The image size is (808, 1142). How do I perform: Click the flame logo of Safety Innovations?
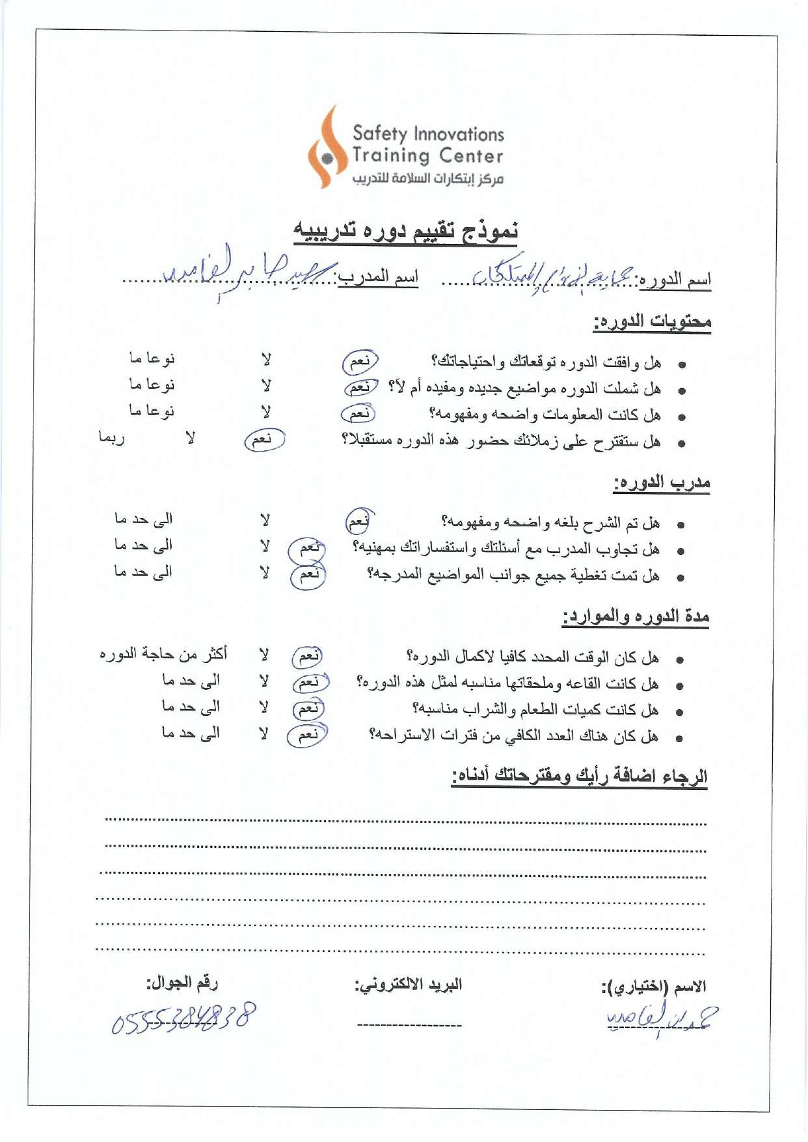pyautogui.click(x=328, y=148)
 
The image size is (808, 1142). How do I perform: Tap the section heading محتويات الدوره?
pyautogui.click(x=652, y=321)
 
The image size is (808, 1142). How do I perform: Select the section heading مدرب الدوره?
pyautogui.click(x=662, y=483)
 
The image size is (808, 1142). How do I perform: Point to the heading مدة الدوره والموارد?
pyautogui.click(x=636, y=616)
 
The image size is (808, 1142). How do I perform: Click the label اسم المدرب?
pyautogui.click(x=378, y=278)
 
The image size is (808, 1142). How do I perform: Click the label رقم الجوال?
pyautogui.click(x=182, y=983)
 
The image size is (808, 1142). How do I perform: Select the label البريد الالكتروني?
pyautogui.click(x=408, y=985)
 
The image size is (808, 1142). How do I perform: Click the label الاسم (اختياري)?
pyautogui.click(x=653, y=987)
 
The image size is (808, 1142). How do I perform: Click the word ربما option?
pyautogui.click(x=111, y=438)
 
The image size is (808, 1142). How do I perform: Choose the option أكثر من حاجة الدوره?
pyautogui.click(x=163, y=653)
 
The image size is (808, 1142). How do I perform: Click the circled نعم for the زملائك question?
pyautogui.click(x=264, y=440)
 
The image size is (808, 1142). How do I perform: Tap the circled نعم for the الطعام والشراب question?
pyautogui.click(x=308, y=709)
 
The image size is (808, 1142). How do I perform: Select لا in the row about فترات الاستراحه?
pyautogui.click(x=263, y=735)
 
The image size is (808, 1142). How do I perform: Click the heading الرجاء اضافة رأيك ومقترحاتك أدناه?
pyautogui.click(x=579, y=776)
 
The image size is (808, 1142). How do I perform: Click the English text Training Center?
pyautogui.click(x=427, y=156)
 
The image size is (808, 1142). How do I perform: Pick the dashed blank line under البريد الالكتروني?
pyautogui.click(x=409, y=1026)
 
